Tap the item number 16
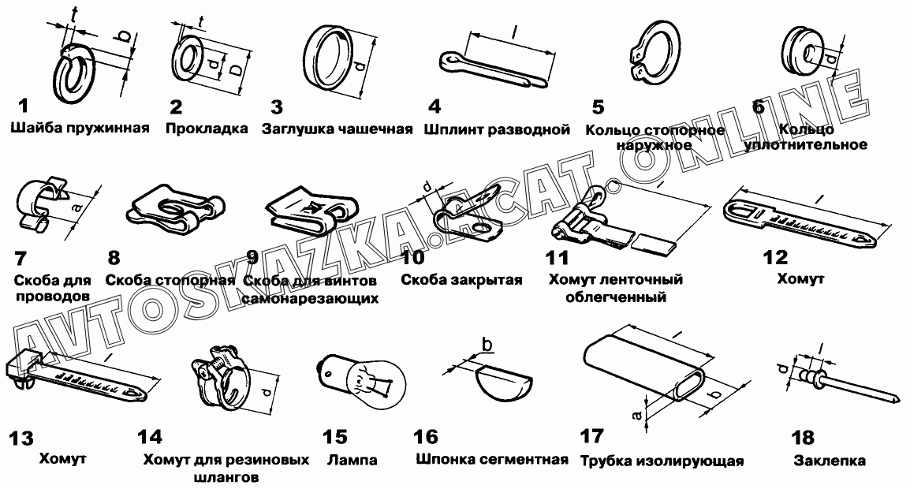coord(426,437)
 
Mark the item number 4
coord(434,106)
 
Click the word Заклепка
coord(830,461)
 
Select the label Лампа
coord(352,461)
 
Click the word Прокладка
coord(207,129)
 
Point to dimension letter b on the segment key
coord(487,345)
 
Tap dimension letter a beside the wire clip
coord(76,207)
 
